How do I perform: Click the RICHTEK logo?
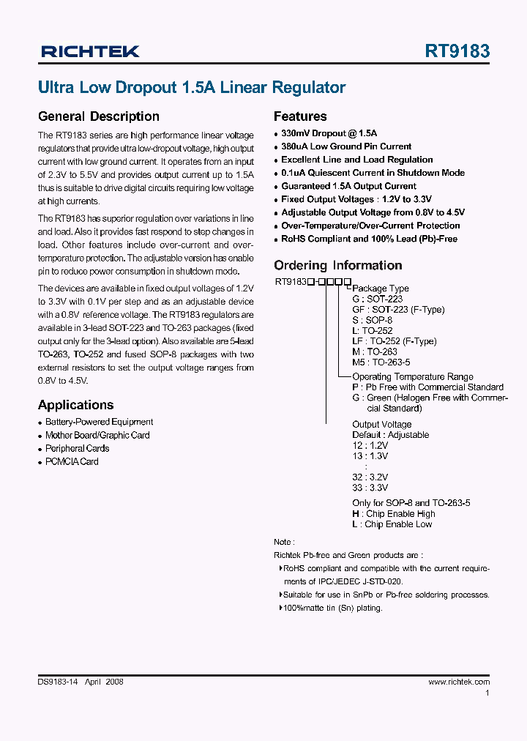click(90, 51)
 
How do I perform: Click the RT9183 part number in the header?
click(457, 51)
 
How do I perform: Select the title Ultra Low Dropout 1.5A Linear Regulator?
click(192, 88)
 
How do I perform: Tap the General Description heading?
click(98, 116)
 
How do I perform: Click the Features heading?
click(300, 116)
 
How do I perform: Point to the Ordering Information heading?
click(337, 266)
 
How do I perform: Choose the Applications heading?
click(75, 405)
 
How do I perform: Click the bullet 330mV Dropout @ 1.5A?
click(329, 133)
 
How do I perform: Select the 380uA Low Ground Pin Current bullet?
click(346, 146)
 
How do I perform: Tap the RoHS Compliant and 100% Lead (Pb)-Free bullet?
click(369, 239)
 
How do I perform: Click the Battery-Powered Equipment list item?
click(99, 422)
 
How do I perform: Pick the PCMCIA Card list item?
click(72, 461)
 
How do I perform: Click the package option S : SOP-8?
click(372, 320)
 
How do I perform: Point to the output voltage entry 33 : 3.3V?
click(370, 487)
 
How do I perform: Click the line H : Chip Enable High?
click(393, 514)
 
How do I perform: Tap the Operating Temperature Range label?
click(413, 376)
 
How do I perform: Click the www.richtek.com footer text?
click(458, 682)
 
